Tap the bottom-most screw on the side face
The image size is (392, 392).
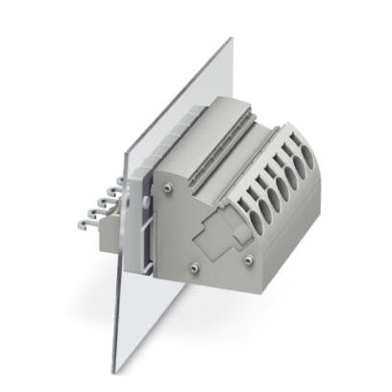click(195, 263)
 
